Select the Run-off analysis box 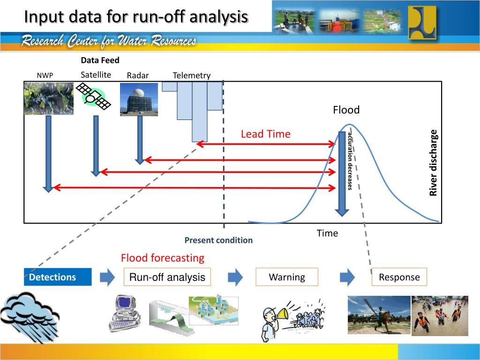tap(167, 277)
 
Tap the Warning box tap(287, 277)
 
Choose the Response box tap(399, 277)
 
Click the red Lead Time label tap(266, 134)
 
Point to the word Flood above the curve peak tap(346, 110)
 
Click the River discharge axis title tap(434, 163)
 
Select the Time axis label tap(327, 233)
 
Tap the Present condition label tap(218, 240)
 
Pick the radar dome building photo tap(139, 99)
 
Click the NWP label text tap(45, 76)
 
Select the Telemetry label tap(192, 75)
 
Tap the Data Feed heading tap(100, 60)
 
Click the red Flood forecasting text tap(163, 258)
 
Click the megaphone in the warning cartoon tap(283, 313)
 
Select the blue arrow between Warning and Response tap(347, 277)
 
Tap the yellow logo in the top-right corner tap(421, 22)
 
